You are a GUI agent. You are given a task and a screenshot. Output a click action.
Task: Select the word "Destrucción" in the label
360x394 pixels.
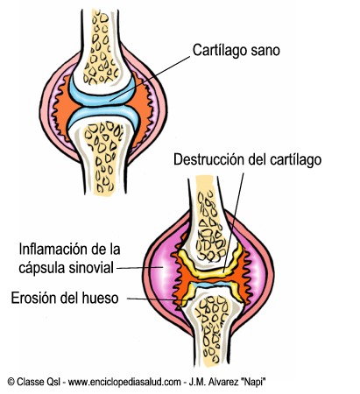pos(208,159)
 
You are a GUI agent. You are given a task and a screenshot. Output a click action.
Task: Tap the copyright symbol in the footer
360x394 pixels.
pos(11,382)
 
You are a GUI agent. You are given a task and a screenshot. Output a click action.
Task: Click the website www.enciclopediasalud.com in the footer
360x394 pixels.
pos(124,382)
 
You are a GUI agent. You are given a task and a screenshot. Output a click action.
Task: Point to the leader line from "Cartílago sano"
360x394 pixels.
pos(151,78)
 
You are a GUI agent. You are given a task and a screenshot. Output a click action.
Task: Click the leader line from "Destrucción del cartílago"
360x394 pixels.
pos(233,222)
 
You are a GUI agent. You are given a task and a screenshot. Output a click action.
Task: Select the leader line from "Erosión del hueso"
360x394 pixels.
pos(154,299)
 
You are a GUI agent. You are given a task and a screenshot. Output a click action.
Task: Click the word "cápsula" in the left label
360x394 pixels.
pos(40,269)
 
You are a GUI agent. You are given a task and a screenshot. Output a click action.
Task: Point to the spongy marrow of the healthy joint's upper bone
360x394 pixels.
pos(101,46)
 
